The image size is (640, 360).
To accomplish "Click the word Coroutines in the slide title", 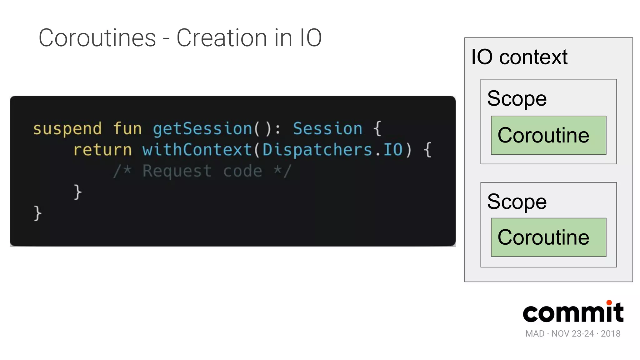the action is coord(97,38).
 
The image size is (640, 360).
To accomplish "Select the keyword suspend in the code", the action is coord(67,129).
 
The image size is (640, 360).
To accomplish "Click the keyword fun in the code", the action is coord(127,129).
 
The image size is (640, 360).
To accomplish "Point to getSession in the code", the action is coord(202,129).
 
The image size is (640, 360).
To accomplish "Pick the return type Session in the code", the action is coord(327,129).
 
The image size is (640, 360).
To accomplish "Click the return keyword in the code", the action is coord(102,150).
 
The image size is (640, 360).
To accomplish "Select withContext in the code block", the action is coord(197,150).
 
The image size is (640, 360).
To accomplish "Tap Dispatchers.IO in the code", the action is coord(332,150).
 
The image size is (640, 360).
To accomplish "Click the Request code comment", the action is coord(202,171).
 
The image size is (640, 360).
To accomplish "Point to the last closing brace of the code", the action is coord(37,213).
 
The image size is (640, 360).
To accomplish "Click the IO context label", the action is coord(519,57).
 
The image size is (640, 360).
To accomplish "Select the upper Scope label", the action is coord(517,98).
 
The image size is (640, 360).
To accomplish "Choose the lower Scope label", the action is coord(517,202).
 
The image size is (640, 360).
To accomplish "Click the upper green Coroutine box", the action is coord(548,135).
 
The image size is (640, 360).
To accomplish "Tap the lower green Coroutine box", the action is coord(548,237).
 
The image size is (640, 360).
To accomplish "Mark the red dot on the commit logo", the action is coord(609,302).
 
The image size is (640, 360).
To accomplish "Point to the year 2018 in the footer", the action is coord(611,334).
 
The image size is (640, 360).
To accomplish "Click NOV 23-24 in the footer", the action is coord(572,334).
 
